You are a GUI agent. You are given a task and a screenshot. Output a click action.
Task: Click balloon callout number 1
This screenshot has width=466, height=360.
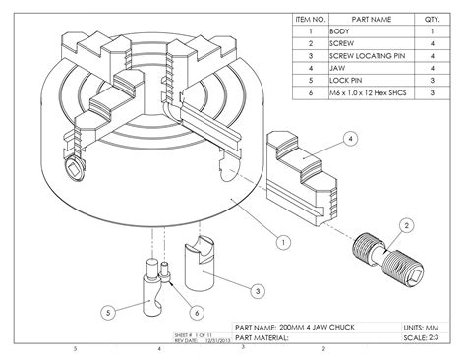point(282,240)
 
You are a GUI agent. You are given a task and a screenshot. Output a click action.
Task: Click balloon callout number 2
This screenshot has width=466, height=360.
point(404,225)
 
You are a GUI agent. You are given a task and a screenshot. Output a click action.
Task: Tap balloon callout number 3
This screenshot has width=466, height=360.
point(255,291)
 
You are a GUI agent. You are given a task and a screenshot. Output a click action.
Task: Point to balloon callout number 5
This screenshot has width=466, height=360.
point(110,313)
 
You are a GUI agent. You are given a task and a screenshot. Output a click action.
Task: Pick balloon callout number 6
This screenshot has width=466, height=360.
point(197,312)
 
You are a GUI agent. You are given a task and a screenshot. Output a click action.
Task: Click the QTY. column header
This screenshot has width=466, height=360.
point(432,19)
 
